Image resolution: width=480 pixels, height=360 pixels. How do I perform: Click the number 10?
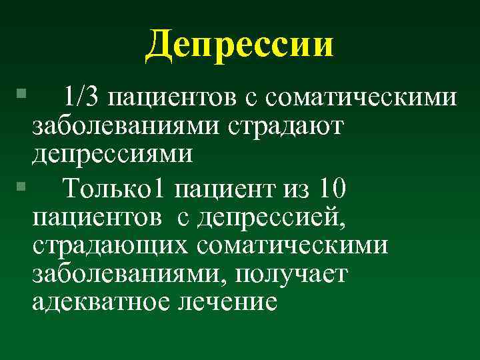pyautogui.click(x=331, y=190)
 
